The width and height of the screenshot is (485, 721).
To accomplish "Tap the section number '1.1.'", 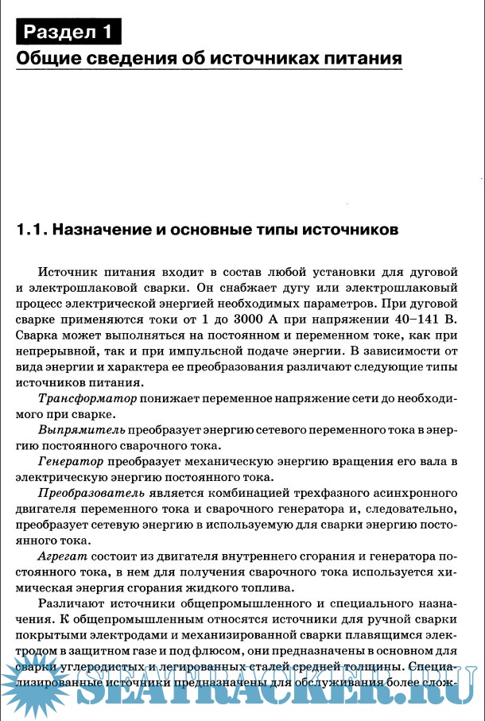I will coord(32,231).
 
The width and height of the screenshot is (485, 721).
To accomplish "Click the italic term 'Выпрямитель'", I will coord(82,429).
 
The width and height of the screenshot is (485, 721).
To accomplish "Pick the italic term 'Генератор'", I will coord(71,462).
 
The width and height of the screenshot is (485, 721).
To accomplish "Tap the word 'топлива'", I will coord(266,589).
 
